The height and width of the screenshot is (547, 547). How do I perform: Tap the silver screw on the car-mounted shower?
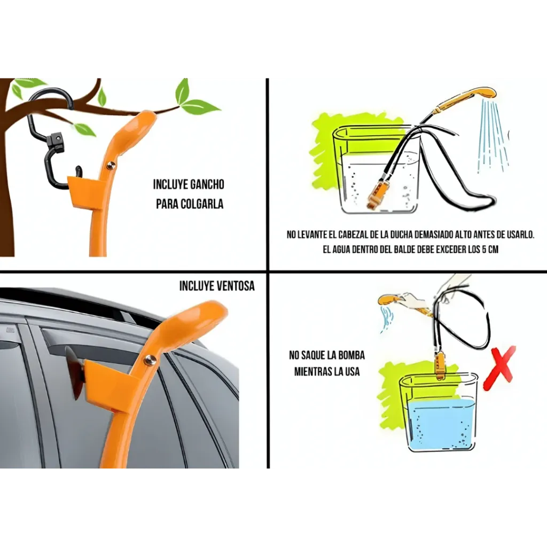(151, 358)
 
